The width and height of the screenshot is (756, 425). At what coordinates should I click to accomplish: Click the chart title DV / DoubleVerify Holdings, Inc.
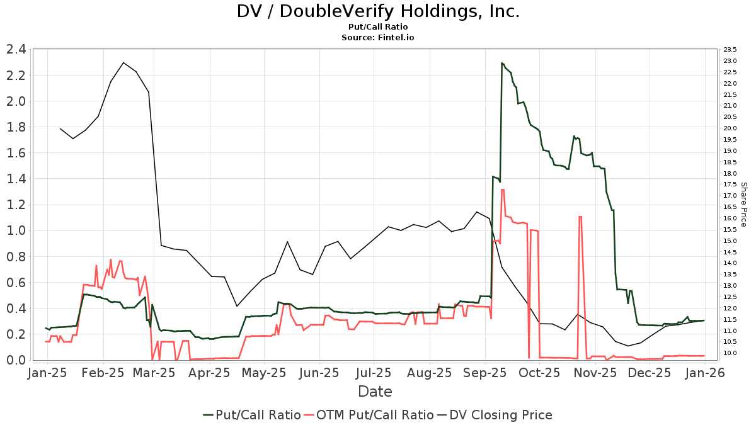point(378,11)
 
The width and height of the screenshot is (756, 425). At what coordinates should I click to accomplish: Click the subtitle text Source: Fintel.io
point(378,38)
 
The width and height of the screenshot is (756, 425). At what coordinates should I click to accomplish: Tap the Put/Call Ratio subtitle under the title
point(378,27)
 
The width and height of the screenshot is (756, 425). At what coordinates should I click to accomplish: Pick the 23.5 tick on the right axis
point(730,50)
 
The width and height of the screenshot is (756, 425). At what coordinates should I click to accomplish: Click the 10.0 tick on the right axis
point(730,353)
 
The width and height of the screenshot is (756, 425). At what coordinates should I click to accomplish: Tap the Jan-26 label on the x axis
point(705,373)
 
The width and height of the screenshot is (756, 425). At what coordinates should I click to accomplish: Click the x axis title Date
point(375,392)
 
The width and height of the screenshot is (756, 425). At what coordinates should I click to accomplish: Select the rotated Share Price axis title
point(744,205)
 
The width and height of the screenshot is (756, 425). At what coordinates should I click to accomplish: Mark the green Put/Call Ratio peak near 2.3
point(502,63)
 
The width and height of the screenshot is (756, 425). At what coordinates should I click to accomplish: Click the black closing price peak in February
point(123,62)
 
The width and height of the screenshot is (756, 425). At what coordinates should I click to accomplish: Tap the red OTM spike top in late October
point(580,217)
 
